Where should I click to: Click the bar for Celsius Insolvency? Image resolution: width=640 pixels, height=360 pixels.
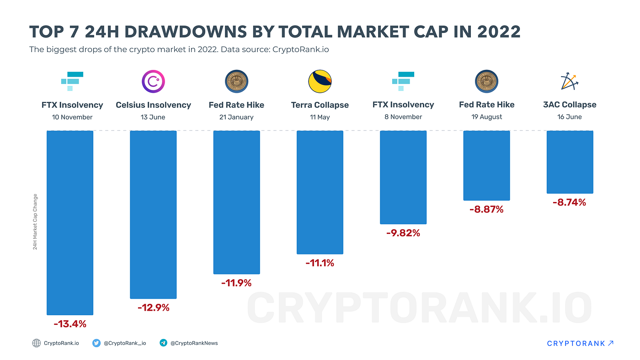pos(153,215)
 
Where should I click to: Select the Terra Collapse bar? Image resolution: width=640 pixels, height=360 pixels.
pos(320,192)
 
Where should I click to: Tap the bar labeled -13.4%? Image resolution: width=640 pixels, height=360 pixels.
pos(70,223)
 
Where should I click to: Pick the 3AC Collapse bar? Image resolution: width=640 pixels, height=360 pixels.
pos(570,162)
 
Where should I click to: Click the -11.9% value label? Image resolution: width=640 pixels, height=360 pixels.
pos(236,283)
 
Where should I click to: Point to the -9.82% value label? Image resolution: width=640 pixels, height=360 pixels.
pos(403,233)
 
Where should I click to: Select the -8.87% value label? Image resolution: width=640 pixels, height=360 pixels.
pos(486,210)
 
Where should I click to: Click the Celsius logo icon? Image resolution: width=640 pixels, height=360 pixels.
pos(153,82)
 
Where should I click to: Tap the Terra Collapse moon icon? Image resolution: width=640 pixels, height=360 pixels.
pos(320,82)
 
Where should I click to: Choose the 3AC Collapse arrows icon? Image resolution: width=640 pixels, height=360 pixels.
pos(570,81)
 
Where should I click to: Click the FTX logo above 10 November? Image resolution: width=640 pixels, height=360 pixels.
pos(72,81)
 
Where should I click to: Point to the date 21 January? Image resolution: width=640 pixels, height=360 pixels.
pos(236,117)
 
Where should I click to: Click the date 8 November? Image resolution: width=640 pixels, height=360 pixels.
pos(403,117)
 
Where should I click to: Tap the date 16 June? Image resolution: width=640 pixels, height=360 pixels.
pos(570,117)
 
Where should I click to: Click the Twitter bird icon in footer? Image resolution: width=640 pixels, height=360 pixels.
pos(96,343)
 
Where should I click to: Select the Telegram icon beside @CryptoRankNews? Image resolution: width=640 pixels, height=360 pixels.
pos(163,343)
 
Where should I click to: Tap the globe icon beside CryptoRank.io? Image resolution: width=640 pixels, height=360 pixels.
pos(37,343)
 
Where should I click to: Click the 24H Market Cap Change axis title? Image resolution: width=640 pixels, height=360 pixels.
pos(35,222)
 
